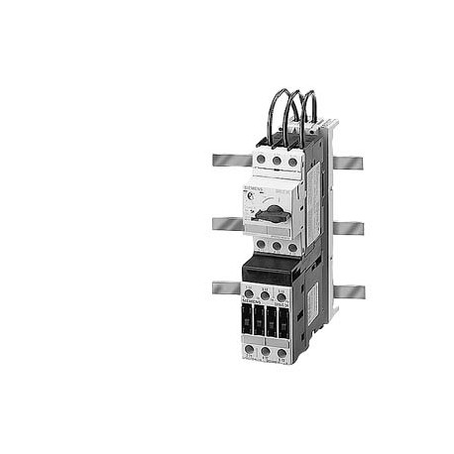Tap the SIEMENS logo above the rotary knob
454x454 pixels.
(x=257, y=187)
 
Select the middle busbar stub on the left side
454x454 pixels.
(x=226, y=224)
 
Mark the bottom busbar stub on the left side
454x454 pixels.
(x=226, y=287)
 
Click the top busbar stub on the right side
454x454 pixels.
(x=347, y=162)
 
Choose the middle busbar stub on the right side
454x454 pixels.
(x=347, y=227)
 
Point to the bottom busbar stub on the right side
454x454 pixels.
(x=347, y=291)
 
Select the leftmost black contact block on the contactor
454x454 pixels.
(x=249, y=321)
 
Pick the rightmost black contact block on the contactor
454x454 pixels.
(x=287, y=321)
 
